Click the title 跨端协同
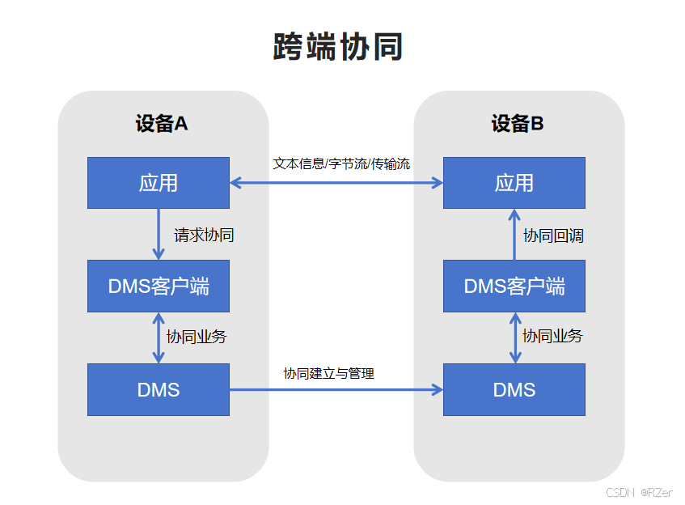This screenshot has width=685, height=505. tap(338, 48)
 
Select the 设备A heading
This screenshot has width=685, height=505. tap(162, 124)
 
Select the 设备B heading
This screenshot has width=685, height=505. tap(518, 124)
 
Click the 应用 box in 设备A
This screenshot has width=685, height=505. tap(159, 183)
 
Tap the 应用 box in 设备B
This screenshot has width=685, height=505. tap(514, 183)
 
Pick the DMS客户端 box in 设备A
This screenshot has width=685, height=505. tap(159, 286)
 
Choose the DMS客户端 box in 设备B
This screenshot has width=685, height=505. tap(514, 286)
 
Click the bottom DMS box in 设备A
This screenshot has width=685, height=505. tap(159, 390)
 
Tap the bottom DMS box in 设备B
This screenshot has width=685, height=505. tap(514, 390)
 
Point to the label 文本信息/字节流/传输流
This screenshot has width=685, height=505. tap(341, 163)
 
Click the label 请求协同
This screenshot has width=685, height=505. tap(204, 236)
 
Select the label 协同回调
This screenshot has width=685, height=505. tap(553, 236)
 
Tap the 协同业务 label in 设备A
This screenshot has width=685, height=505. tap(197, 337)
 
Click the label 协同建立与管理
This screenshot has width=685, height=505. tap(328, 373)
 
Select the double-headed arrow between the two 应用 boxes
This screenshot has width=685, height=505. tap(336, 183)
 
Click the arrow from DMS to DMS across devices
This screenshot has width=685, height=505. tap(336, 390)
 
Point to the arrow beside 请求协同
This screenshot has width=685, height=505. tap(159, 234)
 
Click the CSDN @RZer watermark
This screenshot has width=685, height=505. tap(639, 491)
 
